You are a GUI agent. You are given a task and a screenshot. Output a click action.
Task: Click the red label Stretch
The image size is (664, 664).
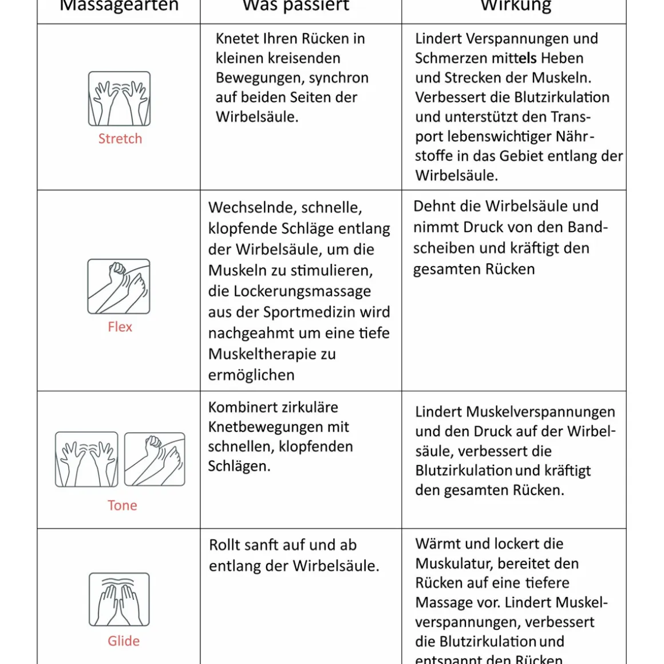[120, 139]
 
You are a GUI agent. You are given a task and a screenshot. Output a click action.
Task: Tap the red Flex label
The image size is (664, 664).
[120, 327]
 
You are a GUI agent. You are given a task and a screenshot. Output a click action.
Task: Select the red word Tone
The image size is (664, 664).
[122, 505]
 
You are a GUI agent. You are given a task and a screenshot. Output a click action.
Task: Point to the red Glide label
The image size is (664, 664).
[123, 641]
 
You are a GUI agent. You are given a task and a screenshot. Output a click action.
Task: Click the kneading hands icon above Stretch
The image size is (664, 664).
[119, 98]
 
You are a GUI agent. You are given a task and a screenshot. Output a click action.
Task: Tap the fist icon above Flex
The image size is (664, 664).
[118, 286]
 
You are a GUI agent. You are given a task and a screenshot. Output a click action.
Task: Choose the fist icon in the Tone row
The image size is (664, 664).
[155, 459]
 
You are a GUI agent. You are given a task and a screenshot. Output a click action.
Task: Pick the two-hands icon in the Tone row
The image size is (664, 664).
[86, 459]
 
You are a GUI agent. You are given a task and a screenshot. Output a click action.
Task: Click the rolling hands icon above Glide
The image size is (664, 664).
[119, 599]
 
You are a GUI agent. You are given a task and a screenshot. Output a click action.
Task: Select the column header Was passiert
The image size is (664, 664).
[296, 6]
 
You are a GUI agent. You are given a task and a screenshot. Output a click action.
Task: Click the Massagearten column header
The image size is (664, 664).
[119, 6]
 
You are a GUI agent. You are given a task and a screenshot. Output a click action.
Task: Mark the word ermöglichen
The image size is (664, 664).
[251, 376]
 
